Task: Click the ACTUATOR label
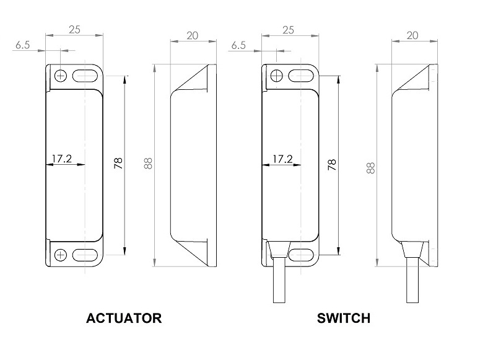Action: pos(124,318)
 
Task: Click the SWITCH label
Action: pos(343,318)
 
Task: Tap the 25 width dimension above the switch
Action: pos(289,29)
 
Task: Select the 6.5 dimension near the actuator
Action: pos(23,46)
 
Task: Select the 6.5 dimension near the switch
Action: pos(238,46)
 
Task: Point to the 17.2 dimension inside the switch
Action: pos(282,159)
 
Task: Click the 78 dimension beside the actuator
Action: pos(118,163)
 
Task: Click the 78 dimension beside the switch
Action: pos(332,164)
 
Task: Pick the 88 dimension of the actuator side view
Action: pos(147,164)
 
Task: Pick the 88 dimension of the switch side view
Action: pos(370,167)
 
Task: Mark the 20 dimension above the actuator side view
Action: pos(192,35)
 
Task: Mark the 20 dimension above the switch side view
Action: pos(412,35)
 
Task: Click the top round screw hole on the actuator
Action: pos(61,76)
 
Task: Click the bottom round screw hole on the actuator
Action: pos(61,255)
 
